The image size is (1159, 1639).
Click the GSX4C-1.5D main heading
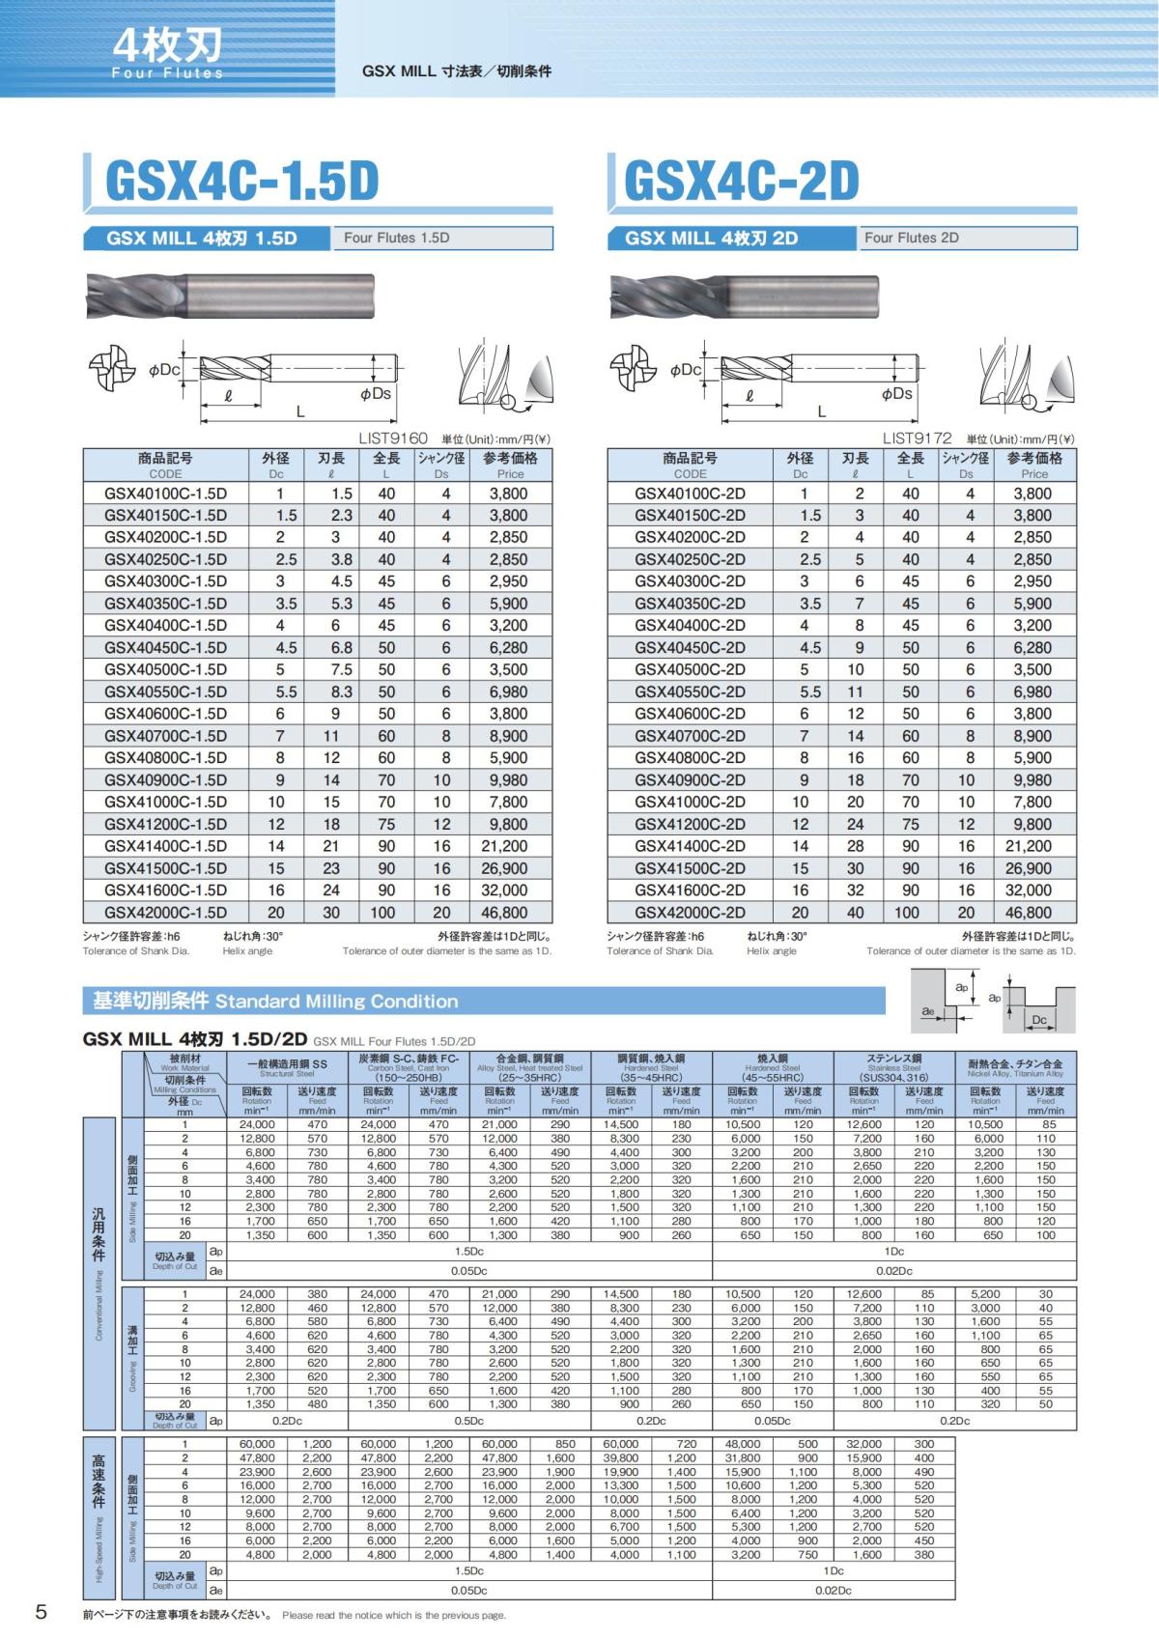pyautogui.click(x=241, y=181)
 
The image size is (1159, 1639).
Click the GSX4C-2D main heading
pyautogui.click(x=742, y=181)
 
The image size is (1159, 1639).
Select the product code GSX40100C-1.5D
pyautogui.click(x=165, y=494)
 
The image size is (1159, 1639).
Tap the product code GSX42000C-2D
pyautogui.click(x=690, y=913)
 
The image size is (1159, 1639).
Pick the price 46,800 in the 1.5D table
pyautogui.click(x=504, y=913)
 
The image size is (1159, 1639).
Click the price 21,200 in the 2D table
pyautogui.click(x=1032, y=846)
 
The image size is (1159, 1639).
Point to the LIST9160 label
pyautogui.click(x=392, y=438)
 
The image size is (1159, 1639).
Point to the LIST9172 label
pyautogui.click(x=917, y=438)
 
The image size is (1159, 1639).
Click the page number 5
pyautogui.click(x=41, y=1612)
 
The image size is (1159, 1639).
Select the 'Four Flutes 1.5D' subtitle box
pyautogui.click(x=442, y=238)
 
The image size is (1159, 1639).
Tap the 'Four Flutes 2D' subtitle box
pyautogui.click(x=967, y=238)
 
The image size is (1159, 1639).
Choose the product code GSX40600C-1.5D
pyautogui.click(x=165, y=714)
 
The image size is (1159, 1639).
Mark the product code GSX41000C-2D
pyautogui.click(x=690, y=802)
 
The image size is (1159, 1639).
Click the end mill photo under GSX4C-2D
pyautogui.click(x=747, y=296)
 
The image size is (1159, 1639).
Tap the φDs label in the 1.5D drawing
pyautogui.click(x=376, y=394)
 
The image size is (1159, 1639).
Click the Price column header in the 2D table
pyautogui.click(x=1033, y=465)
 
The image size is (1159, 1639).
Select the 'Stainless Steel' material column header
pyautogui.click(x=894, y=1066)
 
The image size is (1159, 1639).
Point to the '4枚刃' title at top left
pyautogui.click(x=168, y=44)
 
